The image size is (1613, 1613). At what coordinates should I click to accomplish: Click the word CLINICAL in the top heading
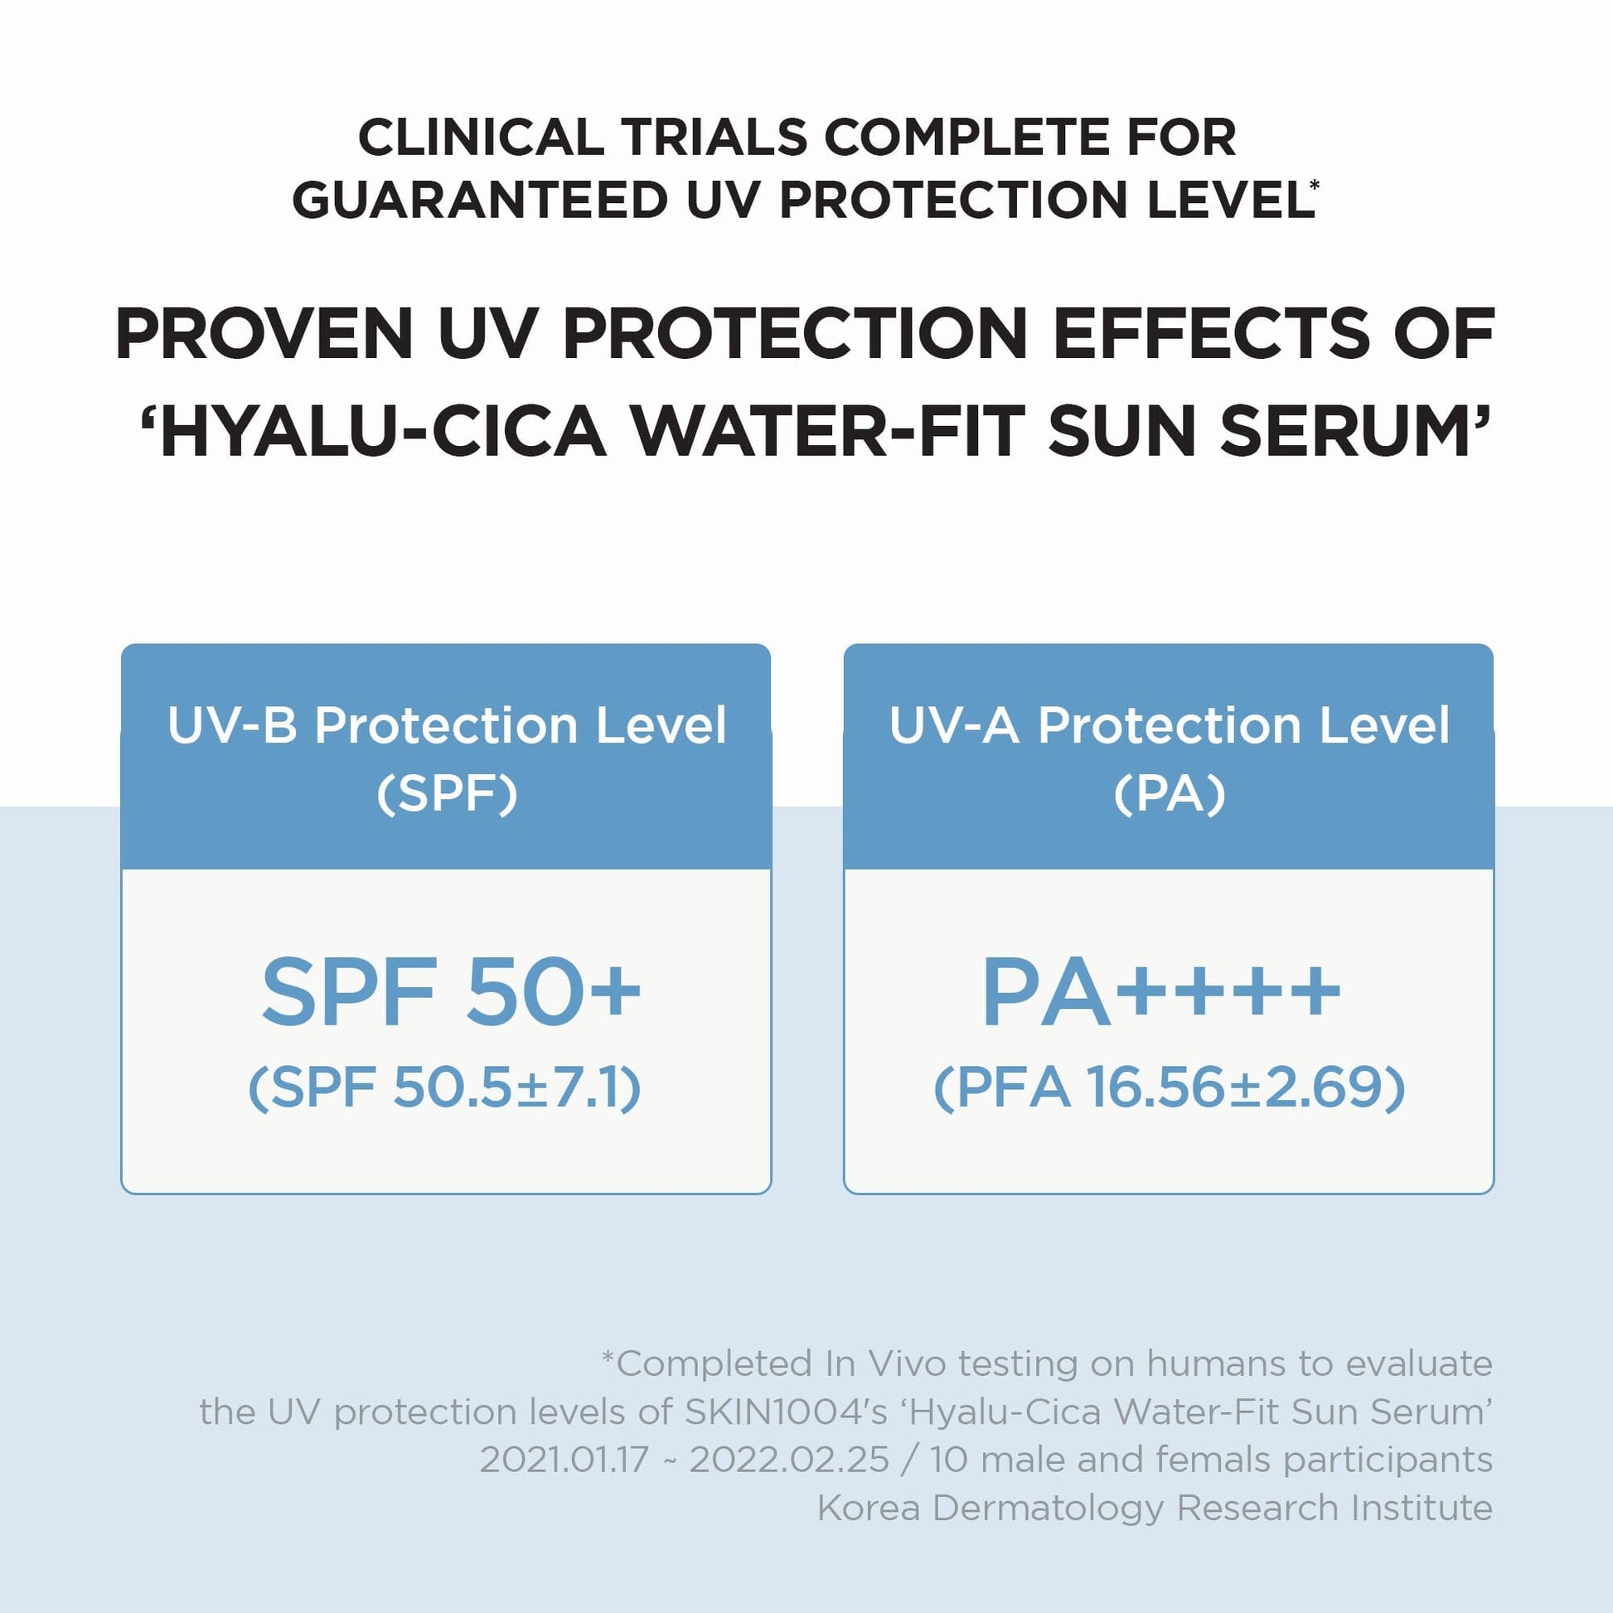[x=481, y=137]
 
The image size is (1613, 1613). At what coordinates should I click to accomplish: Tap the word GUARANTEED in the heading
[x=480, y=201]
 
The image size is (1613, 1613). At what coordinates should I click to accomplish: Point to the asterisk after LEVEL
[x=1315, y=185]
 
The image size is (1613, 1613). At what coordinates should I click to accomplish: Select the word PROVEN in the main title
[x=264, y=333]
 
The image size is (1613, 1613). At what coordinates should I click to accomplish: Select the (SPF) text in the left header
[x=448, y=793]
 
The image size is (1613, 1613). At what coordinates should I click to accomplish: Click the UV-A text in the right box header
[x=954, y=724]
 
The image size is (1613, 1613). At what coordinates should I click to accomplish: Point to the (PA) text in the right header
[x=1170, y=793]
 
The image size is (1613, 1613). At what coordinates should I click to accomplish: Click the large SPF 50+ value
[x=451, y=991]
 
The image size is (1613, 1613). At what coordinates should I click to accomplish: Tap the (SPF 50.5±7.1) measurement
[x=445, y=1087]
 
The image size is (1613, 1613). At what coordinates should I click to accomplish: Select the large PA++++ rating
[x=1161, y=991]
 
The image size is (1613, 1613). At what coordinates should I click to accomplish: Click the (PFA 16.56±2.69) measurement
[x=1169, y=1087]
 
